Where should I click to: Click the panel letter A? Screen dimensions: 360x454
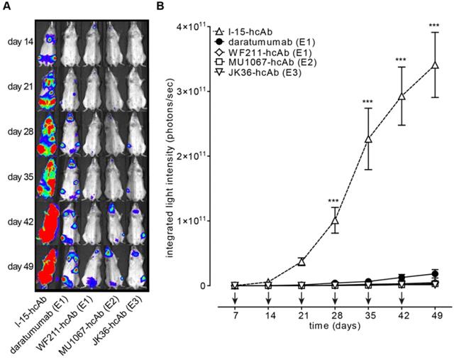tap(6, 6)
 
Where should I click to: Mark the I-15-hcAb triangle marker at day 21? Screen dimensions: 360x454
tap(301, 261)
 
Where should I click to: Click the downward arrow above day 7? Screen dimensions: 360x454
tap(235, 298)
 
